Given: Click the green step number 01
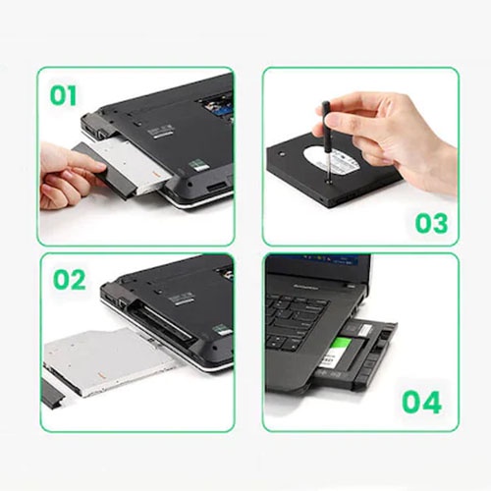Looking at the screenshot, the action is [63, 95].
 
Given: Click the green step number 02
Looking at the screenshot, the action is [70, 280].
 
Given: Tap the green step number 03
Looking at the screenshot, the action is [431, 223].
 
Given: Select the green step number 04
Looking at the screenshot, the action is [421, 402].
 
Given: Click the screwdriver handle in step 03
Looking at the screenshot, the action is [326, 114].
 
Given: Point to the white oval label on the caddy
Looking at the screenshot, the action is [331, 159].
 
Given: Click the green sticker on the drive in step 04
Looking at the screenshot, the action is [342, 347].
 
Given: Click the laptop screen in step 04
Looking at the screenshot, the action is [317, 263].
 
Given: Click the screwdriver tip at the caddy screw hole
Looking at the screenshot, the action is [327, 179].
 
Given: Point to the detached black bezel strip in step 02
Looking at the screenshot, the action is [53, 394].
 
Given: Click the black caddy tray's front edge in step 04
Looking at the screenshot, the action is [376, 356].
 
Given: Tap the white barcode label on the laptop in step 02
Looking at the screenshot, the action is [184, 299].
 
